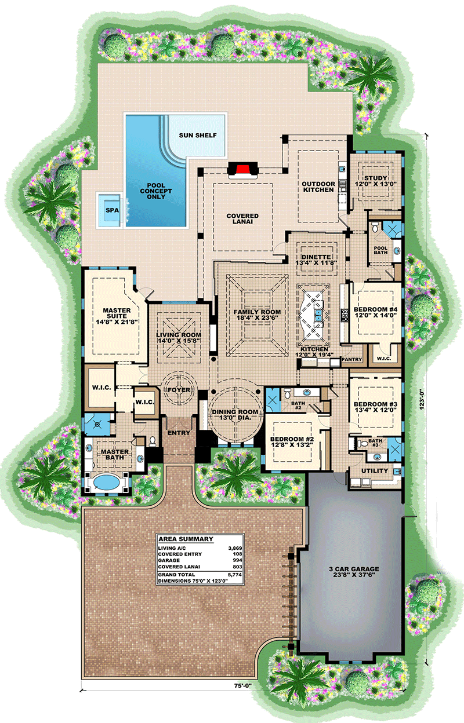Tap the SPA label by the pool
[x=112, y=210]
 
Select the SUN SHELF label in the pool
[x=198, y=135]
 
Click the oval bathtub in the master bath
[x=106, y=483]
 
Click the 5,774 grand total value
[x=235, y=575]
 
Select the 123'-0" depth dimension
[x=421, y=400]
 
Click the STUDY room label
[x=375, y=178]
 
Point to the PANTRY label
[x=351, y=359]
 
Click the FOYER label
[x=179, y=390]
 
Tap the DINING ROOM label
[x=235, y=412]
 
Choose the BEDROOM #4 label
[x=375, y=309]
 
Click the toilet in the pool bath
[x=375, y=228]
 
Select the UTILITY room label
[x=375, y=470]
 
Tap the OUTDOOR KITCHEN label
[x=318, y=187]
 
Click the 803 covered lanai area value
[x=237, y=567]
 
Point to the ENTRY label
[x=179, y=433]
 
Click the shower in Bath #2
[x=273, y=400]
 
